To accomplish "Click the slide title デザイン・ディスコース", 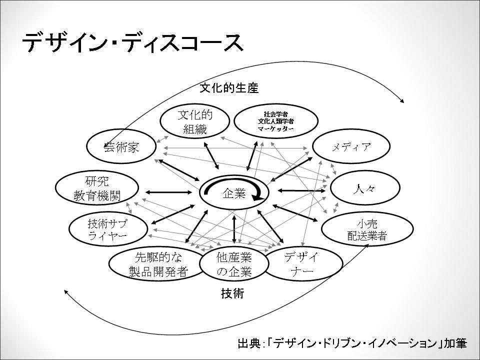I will point(133,43).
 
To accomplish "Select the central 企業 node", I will point(233,192).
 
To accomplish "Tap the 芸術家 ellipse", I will point(121,147).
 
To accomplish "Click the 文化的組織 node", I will point(195,122).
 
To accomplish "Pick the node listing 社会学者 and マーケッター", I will point(275,121).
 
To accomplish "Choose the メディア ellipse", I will point(351,147).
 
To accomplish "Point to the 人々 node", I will point(365,188).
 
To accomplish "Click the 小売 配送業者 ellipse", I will point(367,230).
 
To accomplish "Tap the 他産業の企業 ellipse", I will point(233,264).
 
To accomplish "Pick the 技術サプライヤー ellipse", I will point(108,229).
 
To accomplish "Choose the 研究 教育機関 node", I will point(97,188).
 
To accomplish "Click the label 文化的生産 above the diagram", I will point(229,88).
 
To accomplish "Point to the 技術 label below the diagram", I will point(232,293).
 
